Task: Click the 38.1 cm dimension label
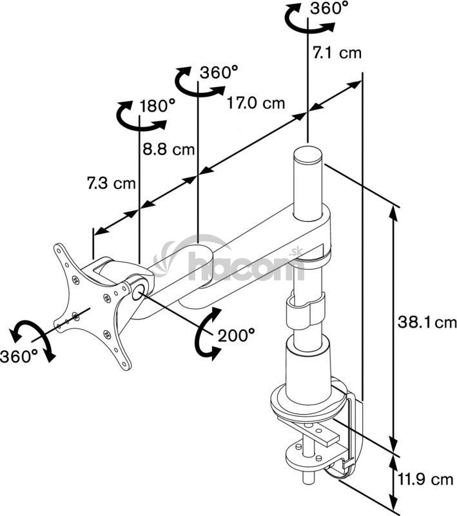pos(427,322)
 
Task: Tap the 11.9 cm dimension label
pos(426,479)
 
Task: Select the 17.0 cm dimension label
pos(256,103)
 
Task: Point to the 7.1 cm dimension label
pos(336,53)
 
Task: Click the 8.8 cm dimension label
pos(168,150)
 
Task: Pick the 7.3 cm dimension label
pos(111,183)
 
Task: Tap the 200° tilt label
pos(237,335)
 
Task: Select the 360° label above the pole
pos(329,8)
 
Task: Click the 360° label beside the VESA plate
pos(19,356)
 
